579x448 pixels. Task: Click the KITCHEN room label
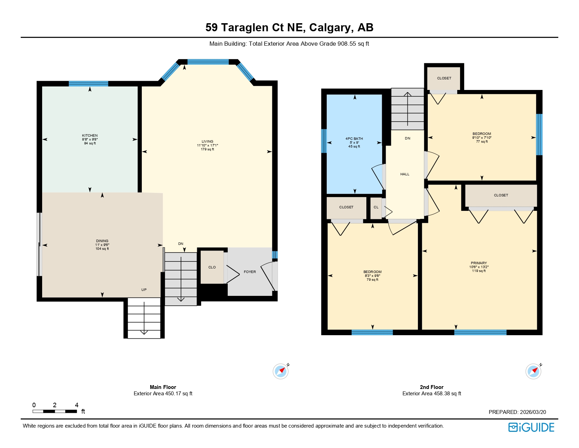(90, 136)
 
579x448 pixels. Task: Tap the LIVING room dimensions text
(207, 145)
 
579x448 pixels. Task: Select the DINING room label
(102, 241)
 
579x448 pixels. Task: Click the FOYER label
(250, 272)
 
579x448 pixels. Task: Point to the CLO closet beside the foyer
(212, 267)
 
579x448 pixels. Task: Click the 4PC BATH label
(354, 139)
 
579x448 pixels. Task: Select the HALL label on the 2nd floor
(405, 174)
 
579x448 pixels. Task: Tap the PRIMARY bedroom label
(479, 263)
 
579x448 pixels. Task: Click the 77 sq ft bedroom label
(481, 134)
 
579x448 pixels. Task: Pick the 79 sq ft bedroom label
(372, 272)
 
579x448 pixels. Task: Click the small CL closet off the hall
(376, 207)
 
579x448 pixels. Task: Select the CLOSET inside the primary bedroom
(501, 195)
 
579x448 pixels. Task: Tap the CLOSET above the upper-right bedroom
(444, 78)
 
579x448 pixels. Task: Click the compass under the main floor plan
(281, 371)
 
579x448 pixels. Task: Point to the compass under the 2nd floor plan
(533, 371)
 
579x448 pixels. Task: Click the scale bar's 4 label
(76, 405)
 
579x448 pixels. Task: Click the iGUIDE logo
(531, 427)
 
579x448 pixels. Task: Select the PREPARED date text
(517, 412)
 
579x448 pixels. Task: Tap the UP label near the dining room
(144, 290)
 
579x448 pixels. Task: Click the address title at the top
(289, 27)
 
